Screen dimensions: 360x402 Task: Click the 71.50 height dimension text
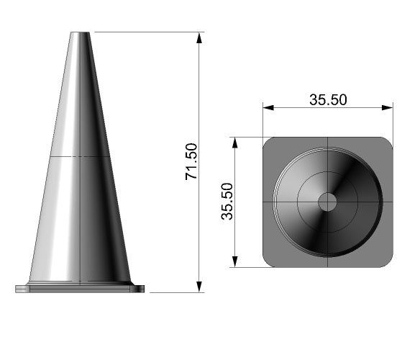coord(191,161)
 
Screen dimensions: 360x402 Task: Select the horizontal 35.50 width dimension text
coord(328,100)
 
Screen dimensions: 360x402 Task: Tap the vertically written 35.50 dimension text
coord(227,201)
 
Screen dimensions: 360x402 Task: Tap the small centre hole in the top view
coord(327,202)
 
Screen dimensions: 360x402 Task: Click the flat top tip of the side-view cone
coord(80,33)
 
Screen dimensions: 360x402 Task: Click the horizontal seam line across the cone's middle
coord(79,156)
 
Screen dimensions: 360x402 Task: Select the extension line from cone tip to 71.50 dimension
coord(144,32)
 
